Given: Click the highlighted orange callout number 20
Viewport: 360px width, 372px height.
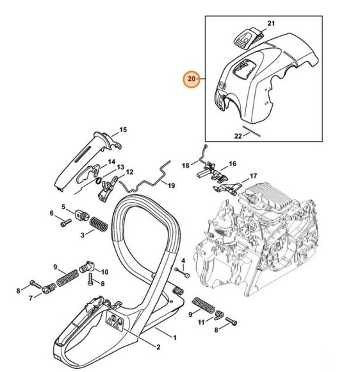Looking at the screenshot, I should point(191,80).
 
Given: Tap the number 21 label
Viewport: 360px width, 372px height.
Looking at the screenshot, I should point(270,24).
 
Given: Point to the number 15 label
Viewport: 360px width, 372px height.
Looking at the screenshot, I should point(123,130).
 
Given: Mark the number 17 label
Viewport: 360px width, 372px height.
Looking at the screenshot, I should point(253,176).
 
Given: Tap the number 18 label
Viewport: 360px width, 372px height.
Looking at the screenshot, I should point(185,165).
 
